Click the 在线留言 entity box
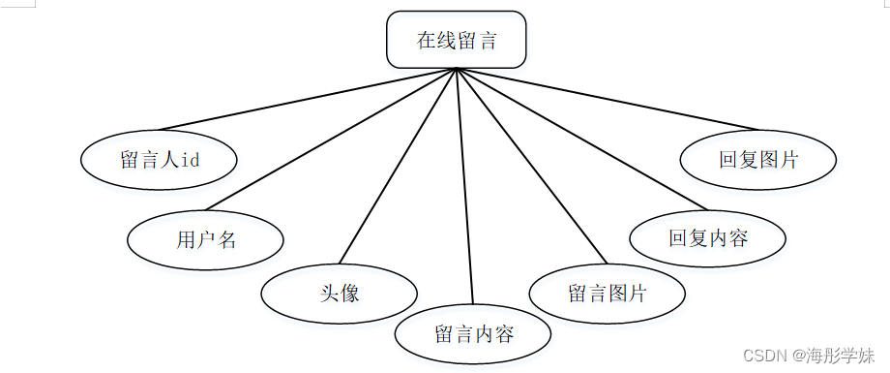(x=456, y=40)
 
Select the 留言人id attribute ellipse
(x=160, y=160)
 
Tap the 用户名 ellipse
(x=206, y=239)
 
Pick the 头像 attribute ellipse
(x=340, y=293)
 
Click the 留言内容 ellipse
(x=473, y=334)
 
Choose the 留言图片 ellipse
(x=608, y=293)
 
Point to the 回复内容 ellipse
(x=708, y=237)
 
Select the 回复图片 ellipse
(x=758, y=160)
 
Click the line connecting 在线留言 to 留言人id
(x=310, y=99)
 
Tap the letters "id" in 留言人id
(x=191, y=160)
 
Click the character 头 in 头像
(x=330, y=293)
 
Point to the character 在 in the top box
(x=427, y=40)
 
